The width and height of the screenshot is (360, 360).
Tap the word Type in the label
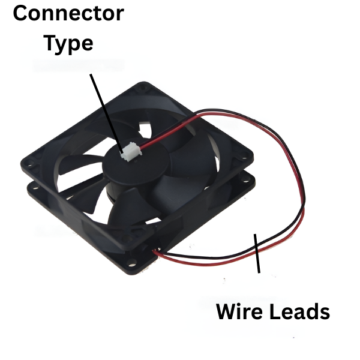(x=68, y=43)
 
